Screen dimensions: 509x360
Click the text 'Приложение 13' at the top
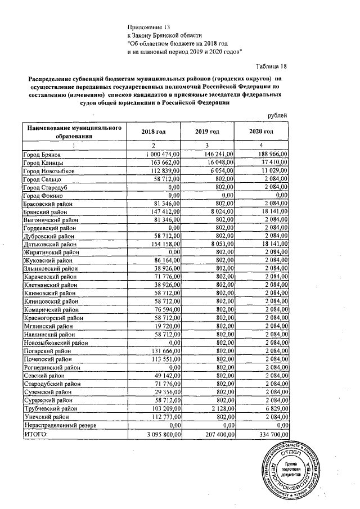pos(148,26)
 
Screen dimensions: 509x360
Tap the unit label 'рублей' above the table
pos(276,115)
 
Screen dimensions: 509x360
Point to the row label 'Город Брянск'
pos(42,154)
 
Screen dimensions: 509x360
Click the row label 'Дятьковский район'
pos(49,245)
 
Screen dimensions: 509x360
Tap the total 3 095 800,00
pos(160,435)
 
